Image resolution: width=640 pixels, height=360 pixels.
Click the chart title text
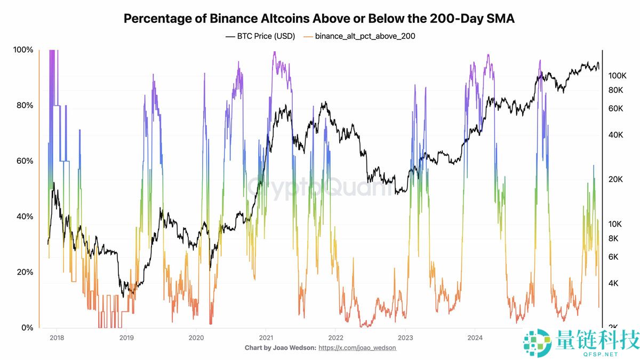[x=319, y=19]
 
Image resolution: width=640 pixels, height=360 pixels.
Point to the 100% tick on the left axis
[x=22, y=50]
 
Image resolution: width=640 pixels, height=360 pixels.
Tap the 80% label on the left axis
[x=24, y=105]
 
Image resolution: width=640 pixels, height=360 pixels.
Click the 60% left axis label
[x=24, y=161]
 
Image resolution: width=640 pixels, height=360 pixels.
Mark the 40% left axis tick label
[x=24, y=217]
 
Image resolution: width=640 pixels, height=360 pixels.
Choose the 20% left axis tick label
[x=24, y=272]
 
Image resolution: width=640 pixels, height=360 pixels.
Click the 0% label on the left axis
[x=26, y=327]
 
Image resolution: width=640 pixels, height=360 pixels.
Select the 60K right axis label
[x=616, y=108]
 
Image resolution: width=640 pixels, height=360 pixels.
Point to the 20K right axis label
[x=616, y=179]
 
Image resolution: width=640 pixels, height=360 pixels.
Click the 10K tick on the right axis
[x=616, y=224]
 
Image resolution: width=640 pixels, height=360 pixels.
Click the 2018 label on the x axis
[x=56, y=337]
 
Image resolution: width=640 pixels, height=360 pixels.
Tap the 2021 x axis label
[x=266, y=337]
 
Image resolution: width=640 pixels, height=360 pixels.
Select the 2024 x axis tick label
[x=475, y=337]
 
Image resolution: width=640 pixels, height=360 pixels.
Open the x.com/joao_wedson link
[x=357, y=348]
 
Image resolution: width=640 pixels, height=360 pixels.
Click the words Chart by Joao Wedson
[x=280, y=348]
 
